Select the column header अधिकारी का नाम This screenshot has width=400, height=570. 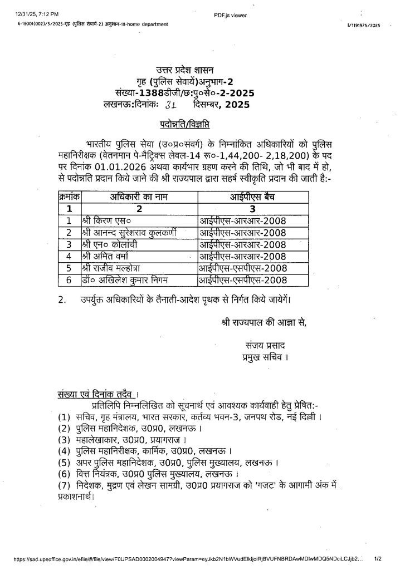[x=132, y=197]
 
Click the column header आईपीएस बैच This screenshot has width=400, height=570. [x=256, y=197]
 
